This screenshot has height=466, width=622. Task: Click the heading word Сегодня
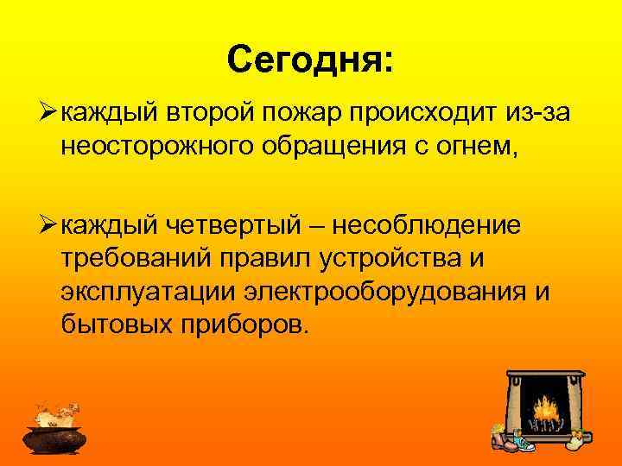pos(308,60)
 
